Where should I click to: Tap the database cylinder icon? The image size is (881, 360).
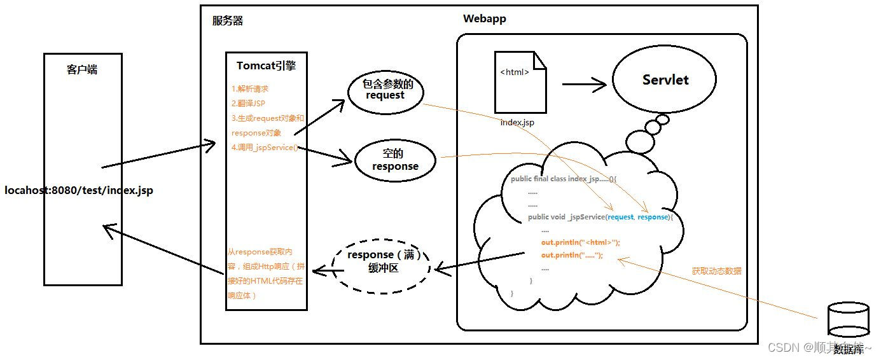tap(848, 319)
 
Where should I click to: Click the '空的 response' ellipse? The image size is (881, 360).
tap(396, 160)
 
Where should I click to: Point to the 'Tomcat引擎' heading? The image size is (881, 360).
tap(266, 66)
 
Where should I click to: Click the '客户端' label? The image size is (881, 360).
tap(82, 70)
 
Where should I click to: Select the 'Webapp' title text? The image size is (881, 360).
tap(484, 18)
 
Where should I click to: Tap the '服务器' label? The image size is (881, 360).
tap(228, 21)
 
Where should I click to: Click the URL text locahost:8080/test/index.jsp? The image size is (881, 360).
tap(79, 190)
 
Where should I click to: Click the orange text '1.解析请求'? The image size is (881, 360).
tap(249, 89)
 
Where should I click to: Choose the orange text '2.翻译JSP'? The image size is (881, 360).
tap(248, 104)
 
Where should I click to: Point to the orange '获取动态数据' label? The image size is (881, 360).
tap(716, 271)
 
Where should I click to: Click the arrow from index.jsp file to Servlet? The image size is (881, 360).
tap(583, 83)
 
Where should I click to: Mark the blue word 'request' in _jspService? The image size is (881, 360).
tap(620, 217)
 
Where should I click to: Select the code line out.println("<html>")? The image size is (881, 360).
tap(580, 242)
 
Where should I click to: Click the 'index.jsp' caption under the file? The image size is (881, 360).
tap(517, 122)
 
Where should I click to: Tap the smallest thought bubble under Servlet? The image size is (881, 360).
tap(662, 119)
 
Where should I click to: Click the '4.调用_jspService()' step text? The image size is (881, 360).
tap(264, 148)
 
